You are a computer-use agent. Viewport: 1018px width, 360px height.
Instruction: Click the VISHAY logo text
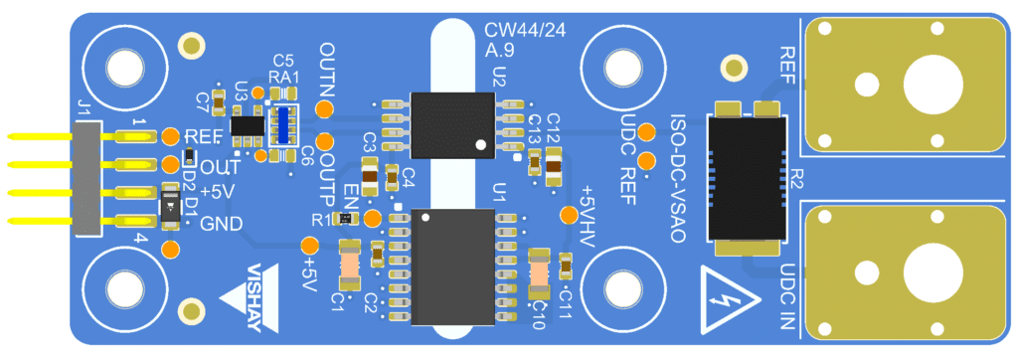(263, 296)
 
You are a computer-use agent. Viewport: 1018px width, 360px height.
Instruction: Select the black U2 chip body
(452, 125)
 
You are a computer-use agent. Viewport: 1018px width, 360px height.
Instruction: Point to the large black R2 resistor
(747, 178)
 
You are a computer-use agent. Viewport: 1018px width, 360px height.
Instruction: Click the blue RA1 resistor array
(283, 124)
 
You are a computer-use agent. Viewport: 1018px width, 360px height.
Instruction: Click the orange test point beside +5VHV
(570, 215)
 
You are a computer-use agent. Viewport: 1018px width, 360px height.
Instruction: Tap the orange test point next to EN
(373, 218)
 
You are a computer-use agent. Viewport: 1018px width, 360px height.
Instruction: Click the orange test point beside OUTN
(325, 109)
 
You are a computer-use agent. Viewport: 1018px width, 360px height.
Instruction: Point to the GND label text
(222, 224)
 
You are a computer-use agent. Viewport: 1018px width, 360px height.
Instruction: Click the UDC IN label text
(787, 296)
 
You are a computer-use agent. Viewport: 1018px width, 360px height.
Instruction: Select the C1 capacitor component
(349, 266)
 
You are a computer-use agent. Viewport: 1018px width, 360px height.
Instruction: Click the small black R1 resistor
(343, 219)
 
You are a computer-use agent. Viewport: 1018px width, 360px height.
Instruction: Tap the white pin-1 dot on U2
(480, 144)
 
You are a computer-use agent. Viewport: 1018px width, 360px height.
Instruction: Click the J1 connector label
(84, 107)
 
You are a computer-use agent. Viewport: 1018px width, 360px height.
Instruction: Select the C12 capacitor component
(554, 166)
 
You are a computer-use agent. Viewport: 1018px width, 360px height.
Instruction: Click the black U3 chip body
(248, 125)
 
